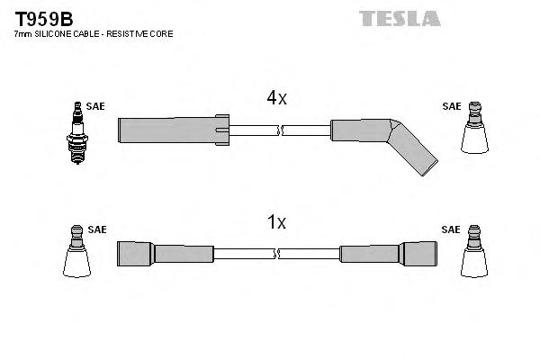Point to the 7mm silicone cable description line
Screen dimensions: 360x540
click(x=94, y=33)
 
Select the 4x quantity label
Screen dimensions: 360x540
click(x=276, y=99)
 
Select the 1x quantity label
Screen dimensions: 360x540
click(x=276, y=221)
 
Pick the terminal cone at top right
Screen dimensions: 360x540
click(x=474, y=132)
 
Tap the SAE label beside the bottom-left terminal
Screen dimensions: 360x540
click(x=96, y=229)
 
